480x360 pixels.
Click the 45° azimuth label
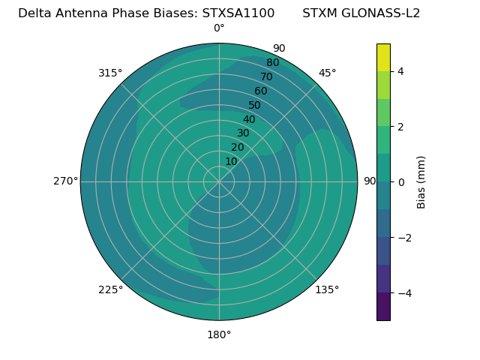point(327,73)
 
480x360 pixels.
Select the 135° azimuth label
point(327,289)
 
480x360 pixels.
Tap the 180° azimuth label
point(219,334)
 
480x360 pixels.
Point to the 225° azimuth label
point(110,289)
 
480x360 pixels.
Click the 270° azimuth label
point(65,181)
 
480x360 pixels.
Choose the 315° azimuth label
point(110,73)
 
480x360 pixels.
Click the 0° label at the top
point(219,28)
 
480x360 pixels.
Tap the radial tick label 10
point(231,161)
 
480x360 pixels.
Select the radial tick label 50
point(255,105)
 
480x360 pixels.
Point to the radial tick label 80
point(273,63)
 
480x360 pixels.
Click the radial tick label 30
point(243,133)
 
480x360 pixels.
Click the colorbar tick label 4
point(400,71)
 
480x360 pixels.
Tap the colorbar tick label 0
point(400,182)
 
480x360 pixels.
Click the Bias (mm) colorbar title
point(421,182)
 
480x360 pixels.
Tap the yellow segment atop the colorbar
point(383,57)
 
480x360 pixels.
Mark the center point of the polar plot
point(219,181)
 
